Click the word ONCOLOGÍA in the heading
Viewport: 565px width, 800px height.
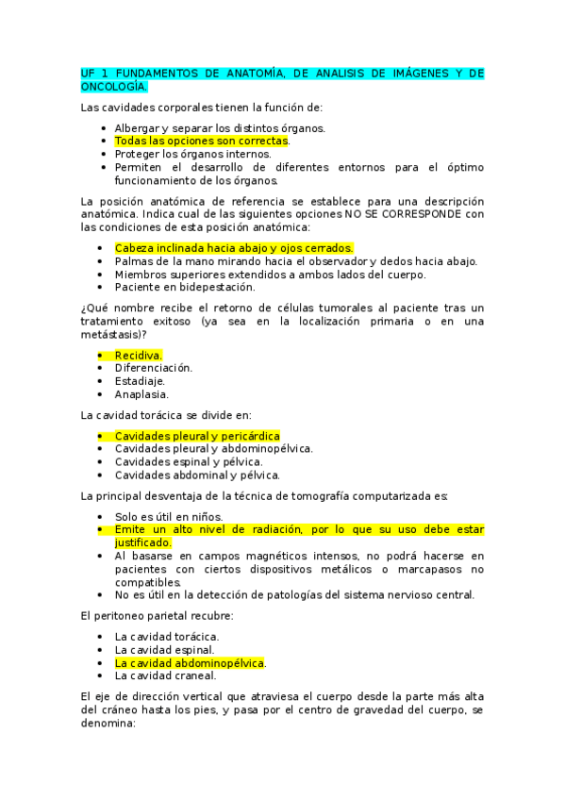114,87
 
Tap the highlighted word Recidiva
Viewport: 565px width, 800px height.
139,355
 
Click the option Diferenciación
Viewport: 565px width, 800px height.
153,368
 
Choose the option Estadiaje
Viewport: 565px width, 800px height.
141,381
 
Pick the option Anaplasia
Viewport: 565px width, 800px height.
141,394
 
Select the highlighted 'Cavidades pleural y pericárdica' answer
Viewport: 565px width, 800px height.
197,436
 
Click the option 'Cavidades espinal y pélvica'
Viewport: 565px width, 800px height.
189,462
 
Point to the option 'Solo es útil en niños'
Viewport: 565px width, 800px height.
169,516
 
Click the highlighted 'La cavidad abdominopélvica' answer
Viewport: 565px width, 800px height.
189,663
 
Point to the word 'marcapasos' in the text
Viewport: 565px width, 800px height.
431,569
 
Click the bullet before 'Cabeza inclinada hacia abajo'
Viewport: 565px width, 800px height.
100,248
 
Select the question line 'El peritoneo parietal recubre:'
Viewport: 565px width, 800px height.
158,615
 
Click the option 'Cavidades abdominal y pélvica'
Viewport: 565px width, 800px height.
197,475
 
